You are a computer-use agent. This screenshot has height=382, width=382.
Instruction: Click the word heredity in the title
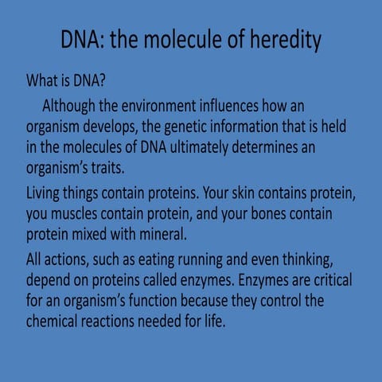coord(279,41)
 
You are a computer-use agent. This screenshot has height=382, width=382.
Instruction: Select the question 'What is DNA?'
coord(67,81)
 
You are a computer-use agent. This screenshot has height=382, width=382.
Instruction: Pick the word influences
coord(251,106)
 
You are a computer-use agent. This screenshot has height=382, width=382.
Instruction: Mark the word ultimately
coord(197,149)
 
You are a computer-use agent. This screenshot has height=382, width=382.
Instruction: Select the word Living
coord(47,193)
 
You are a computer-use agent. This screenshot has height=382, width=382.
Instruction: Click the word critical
coord(327,281)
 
